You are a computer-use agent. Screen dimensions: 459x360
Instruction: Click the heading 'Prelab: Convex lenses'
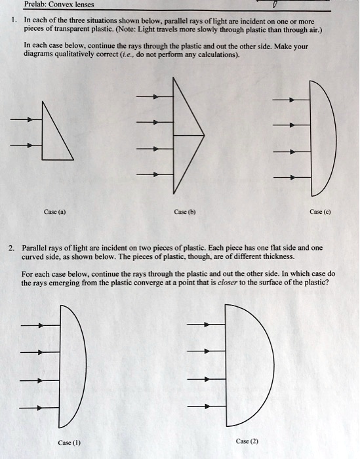pyautogui.click(x=60, y=5)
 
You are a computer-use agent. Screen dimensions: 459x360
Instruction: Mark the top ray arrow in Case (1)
pyautogui.click(x=40, y=325)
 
